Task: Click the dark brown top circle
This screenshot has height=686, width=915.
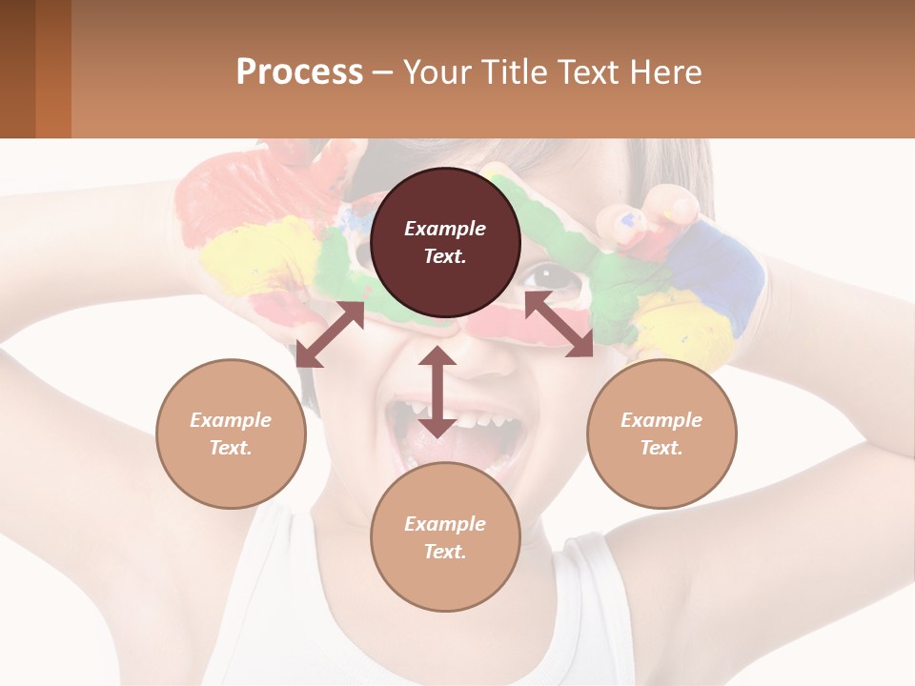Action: (445, 242)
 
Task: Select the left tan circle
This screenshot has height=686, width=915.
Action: (231, 434)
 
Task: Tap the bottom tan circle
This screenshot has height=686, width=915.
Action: (445, 537)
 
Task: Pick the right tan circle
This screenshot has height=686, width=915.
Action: (661, 434)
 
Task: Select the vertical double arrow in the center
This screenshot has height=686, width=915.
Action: (437, 392)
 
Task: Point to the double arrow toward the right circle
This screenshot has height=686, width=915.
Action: (559, 325)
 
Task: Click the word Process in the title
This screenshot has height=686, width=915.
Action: (299, 71)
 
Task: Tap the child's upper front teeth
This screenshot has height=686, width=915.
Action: (481, 417)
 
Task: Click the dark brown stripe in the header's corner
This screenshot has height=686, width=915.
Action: (17, 69)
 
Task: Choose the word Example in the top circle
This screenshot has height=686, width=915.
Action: (445, 229)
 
